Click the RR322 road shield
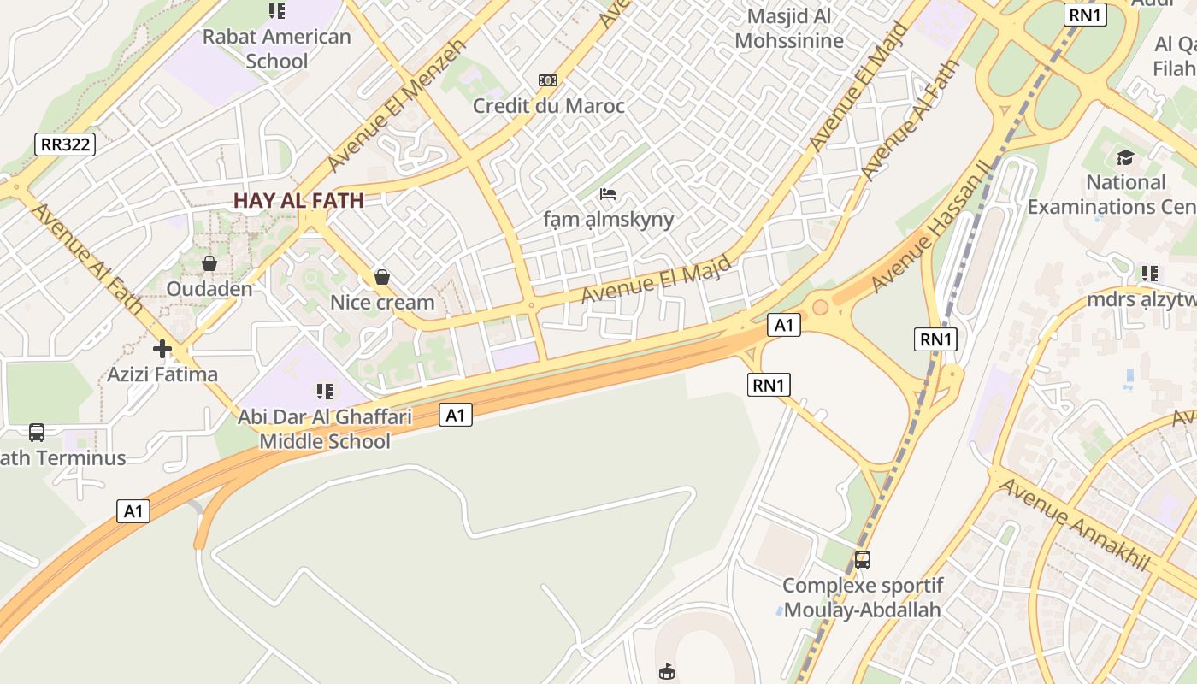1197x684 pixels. [65, 144]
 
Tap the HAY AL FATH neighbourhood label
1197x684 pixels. [298, 201]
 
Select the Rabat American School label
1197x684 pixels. [276, 49]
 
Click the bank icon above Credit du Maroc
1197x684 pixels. [548, 80]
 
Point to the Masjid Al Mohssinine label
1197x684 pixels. [788, 28]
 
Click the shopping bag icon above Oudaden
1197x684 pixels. [209, 263]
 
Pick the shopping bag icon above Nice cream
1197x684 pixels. [382, 277]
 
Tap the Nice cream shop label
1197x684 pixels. [382, 303]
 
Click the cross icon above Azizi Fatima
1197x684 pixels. [162, 349]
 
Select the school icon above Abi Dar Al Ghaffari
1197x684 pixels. [325, 392]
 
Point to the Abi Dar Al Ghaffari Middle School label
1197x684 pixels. [325, 429]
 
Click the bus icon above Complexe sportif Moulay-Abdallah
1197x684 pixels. [863, 560]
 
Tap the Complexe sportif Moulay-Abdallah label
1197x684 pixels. [863, 598]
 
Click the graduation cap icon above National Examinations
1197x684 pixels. [1125, 157]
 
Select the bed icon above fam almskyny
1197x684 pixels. [608, 194]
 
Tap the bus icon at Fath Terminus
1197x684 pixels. [37, 433]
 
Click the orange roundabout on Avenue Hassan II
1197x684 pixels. [820, 307]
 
